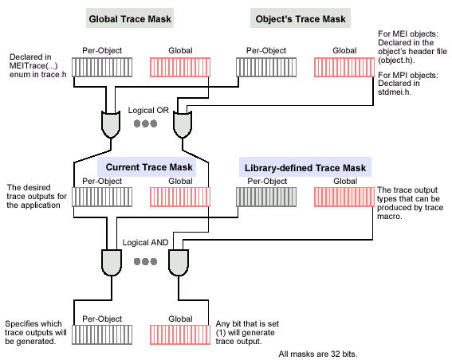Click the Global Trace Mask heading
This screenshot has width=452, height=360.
coord(130,19)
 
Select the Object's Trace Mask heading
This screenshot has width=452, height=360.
coord(301,19)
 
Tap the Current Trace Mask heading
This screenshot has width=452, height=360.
coord(149,167)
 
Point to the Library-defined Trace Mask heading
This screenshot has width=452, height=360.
coord(305,167)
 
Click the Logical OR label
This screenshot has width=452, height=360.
coord(148,110)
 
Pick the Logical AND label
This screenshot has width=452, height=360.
coord(145,242)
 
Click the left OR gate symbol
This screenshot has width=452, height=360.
coord(111,124)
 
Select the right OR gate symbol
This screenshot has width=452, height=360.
coord(183,124)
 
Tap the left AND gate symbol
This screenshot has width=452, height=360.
coord(112,262)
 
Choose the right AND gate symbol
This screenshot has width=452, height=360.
coord(179,262)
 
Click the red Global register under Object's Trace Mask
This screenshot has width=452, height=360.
coord(344,68)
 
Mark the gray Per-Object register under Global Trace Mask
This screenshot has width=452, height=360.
coord(102,68)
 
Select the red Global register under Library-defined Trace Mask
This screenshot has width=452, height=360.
coord(344,197)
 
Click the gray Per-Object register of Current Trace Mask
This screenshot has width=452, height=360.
coord(102,197)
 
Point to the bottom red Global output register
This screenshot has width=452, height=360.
coord(180,335)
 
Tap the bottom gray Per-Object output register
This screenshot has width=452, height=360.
coord(102,335)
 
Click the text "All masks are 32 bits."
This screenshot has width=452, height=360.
coord(318,354)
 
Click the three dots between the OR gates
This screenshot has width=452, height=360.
coord(146,123)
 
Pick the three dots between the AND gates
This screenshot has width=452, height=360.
coord(146,261)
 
